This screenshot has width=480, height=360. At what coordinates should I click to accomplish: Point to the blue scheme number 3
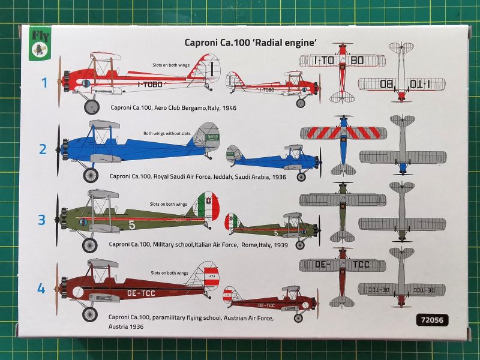coord(42,220)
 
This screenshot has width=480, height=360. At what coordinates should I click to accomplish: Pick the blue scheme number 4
coord(41,289)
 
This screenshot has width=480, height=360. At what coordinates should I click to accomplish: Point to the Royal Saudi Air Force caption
coord(198,177)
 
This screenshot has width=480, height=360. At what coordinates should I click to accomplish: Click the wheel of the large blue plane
coord(90,175)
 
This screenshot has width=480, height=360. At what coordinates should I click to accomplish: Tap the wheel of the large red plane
coord(91,107)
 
